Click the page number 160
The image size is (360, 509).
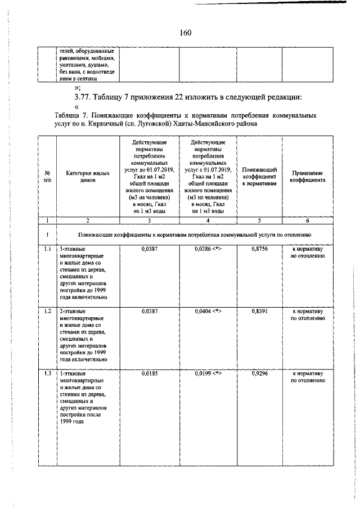[186, 33]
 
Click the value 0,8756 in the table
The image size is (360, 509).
[259, 248]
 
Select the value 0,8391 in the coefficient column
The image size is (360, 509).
[259, 310]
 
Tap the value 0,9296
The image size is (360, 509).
[259, 373]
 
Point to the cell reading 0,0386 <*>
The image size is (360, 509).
[208, 248]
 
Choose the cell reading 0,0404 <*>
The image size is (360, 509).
[208, 310]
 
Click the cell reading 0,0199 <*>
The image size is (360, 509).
[208, 373]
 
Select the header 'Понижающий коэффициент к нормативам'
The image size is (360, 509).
[259, 175]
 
